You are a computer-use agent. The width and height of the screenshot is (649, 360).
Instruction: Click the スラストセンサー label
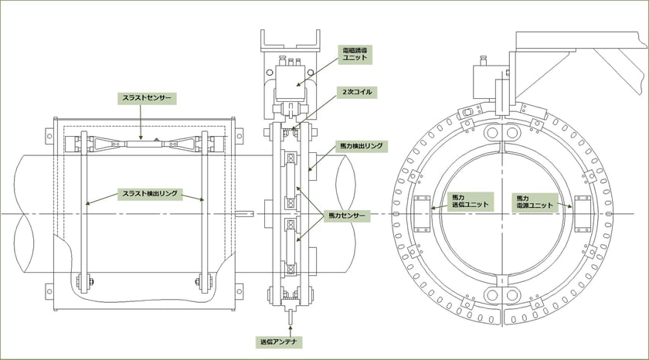pyautogui.click(x=147, y=98)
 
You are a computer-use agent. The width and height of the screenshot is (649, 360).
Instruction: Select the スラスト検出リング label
pyautogui.click(x=150, y=194)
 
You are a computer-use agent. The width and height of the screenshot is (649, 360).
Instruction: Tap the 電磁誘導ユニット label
pyautogui.click(x=355, y=54)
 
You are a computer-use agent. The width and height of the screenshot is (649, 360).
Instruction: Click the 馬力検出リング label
pyautogui.click(x=361, y=146)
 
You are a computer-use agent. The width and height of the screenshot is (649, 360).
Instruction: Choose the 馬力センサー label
pyautogui.click(x=347, y=216)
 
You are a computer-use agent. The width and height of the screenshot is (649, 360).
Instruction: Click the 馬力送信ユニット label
pyautogui.click(x=471, y=202)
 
